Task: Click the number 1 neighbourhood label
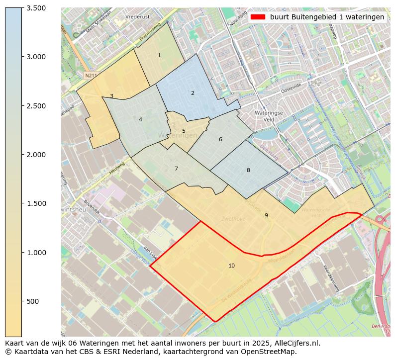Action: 159,55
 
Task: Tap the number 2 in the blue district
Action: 193,93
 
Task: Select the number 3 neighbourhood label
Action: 111,96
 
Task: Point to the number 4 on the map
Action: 140,119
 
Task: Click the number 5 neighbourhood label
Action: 184,131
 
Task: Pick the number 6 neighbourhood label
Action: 220,139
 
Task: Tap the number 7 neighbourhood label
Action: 176,169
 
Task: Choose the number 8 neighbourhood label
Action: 248,170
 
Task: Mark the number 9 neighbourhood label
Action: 266,215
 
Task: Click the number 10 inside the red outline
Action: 231,266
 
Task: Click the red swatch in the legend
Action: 258,17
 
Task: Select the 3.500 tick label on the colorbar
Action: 36,8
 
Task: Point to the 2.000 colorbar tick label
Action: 36,155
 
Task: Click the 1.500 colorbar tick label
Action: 36,203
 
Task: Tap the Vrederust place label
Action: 138,16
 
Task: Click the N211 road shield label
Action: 90,76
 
